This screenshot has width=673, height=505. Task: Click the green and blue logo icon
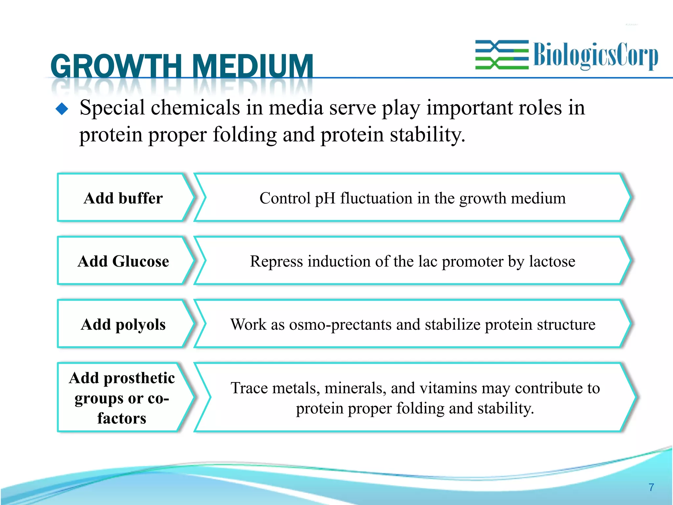[502, 55]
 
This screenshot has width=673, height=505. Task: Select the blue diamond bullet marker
[62, 109]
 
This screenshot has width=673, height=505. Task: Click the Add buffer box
[123, 198]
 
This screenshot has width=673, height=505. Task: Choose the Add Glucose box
[123, 261]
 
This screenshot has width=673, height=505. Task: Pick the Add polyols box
[123, 324]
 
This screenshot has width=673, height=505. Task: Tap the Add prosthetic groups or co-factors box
[122, 398]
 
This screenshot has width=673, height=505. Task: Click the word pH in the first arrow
[325, 198]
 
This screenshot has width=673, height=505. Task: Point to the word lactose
[552, 261]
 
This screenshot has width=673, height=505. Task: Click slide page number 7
[651, 487]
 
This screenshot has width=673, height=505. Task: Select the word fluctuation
[376, 198]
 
